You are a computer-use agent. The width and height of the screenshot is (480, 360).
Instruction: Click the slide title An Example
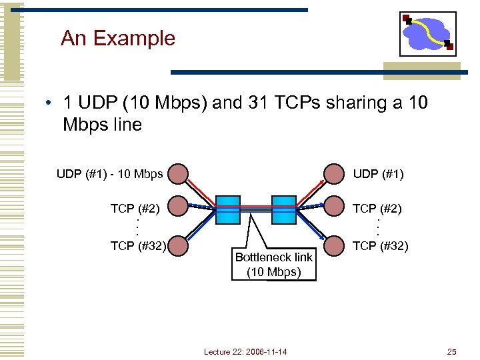click(x=117, y=38)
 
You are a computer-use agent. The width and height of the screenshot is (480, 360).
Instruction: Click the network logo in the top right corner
click(x=428, y=33)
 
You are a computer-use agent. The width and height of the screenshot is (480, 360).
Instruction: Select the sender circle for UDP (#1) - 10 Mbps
click(x=177, y=174)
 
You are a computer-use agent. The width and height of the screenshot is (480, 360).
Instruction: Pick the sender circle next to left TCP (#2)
click(x=177, y=208)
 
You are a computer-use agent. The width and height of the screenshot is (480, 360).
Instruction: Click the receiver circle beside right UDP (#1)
click(x=333, y=174)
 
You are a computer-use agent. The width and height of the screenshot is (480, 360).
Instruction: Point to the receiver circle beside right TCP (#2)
click(x=333, y=208)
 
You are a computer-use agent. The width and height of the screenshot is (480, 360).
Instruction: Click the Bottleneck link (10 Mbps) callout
click(x=274, y=265)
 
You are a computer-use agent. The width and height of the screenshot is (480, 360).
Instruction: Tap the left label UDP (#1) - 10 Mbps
click(x=109, y=175)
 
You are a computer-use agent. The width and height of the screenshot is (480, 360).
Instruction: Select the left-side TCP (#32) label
click(x=138, y=246)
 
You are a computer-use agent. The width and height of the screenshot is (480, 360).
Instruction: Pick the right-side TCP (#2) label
click(x=377, y=209)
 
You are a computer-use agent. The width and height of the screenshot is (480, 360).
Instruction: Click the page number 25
click(x=452, y=351)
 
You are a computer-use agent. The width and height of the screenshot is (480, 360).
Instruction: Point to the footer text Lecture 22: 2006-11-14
click(x=245, y=351)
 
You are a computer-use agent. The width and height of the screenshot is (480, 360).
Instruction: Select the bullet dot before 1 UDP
click(x=49, y=104)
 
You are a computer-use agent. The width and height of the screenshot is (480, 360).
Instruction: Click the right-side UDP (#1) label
click(x=378, y=175)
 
